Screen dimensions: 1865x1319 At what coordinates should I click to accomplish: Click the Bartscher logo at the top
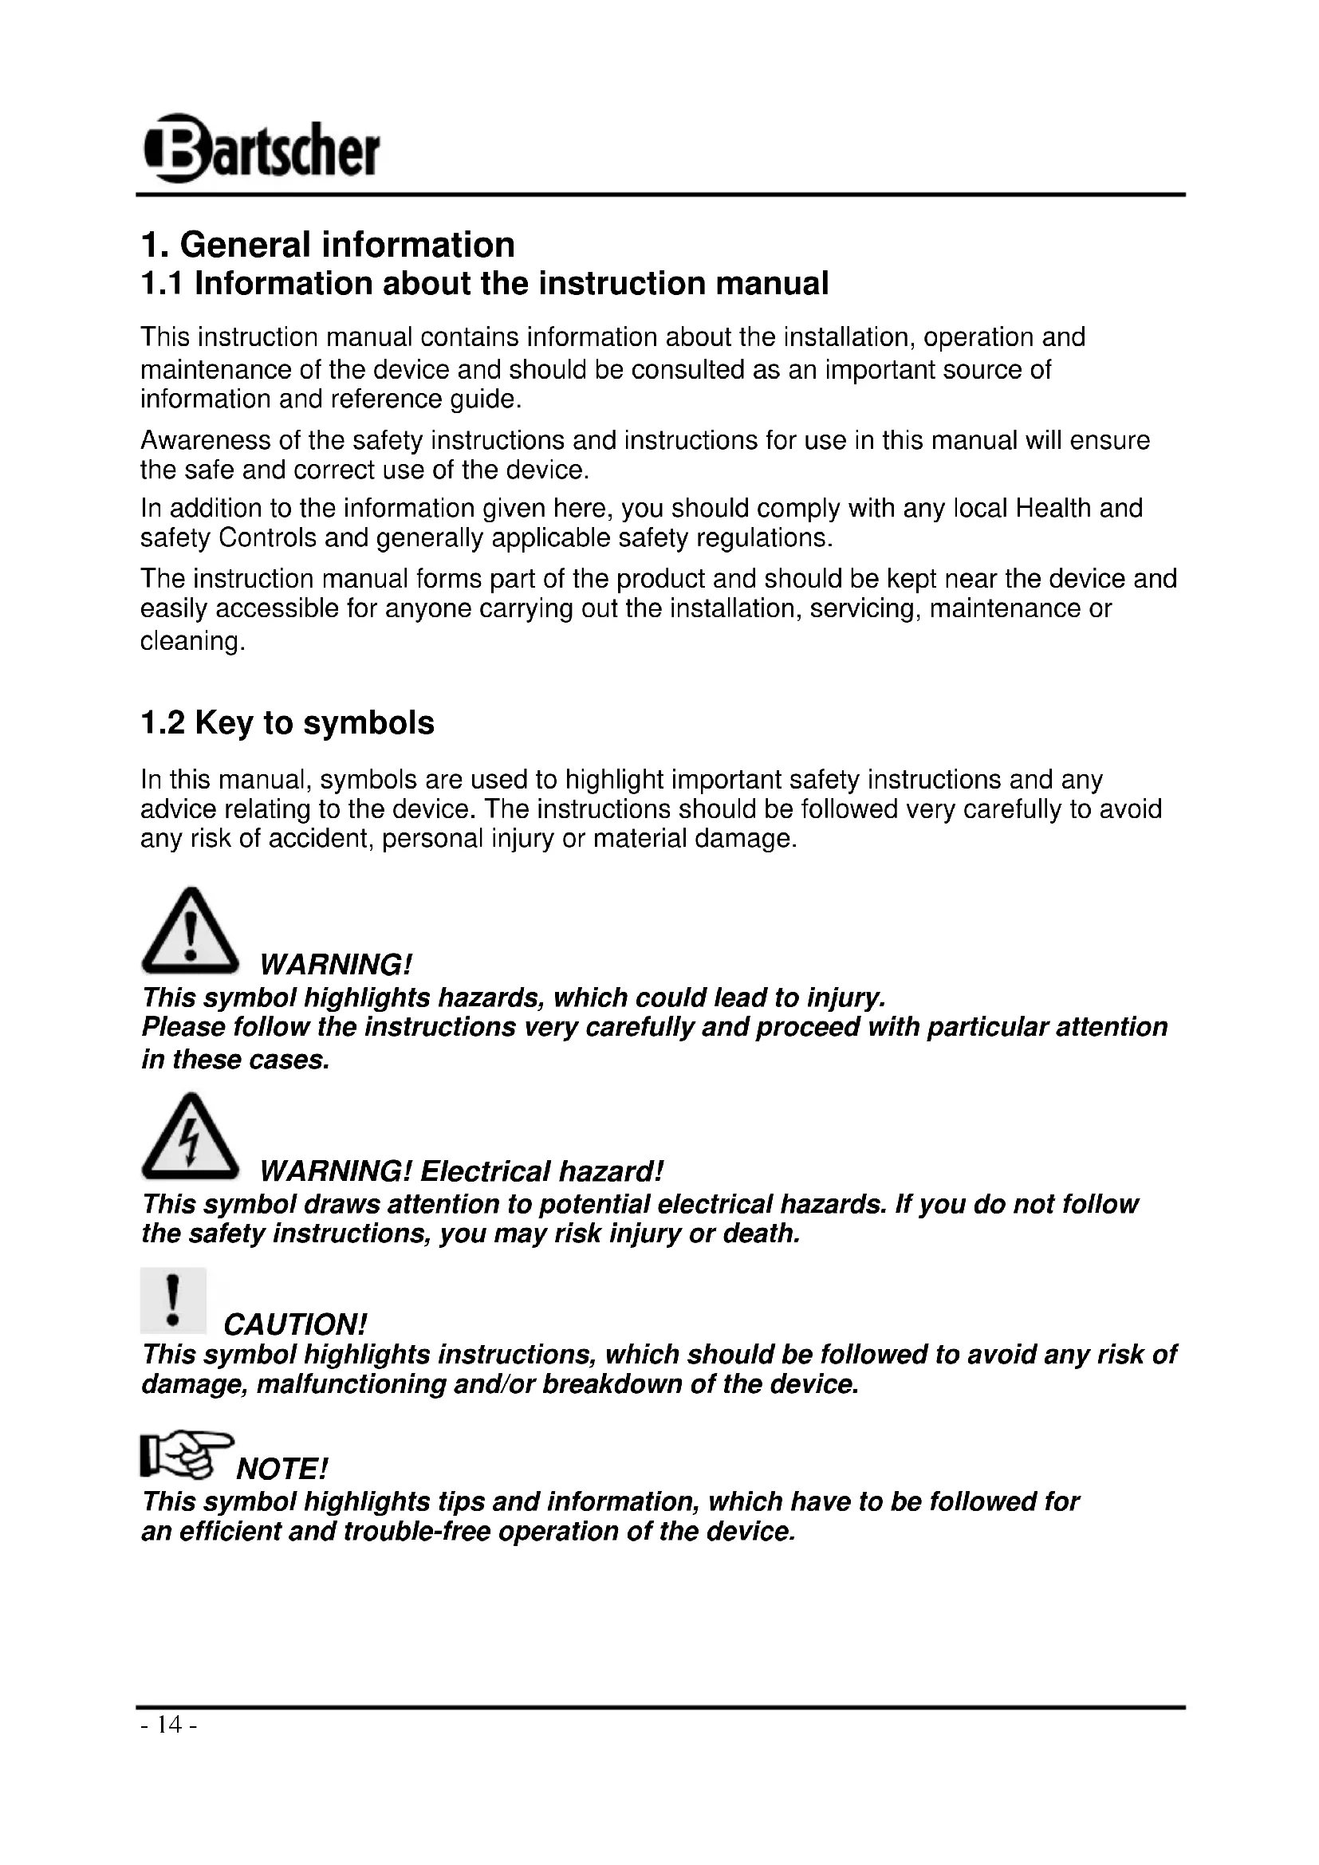[x=261, y=148]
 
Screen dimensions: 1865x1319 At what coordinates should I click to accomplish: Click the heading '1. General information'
[x=327, y=245]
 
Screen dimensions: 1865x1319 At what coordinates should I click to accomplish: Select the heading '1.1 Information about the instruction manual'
[x=484, y=284]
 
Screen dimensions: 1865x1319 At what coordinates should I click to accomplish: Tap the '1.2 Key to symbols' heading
[x=287, y=722]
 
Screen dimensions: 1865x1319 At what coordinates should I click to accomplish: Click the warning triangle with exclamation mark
[x=190, y=933]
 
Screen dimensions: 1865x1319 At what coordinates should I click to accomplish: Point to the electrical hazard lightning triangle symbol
[x=190, y=1139]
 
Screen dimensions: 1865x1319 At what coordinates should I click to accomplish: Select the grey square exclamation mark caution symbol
[x=173, y=1301]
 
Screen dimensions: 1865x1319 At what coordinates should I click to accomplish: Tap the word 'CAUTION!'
[x=295, y=1325]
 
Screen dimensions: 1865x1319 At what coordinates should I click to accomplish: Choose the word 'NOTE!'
[x=282, y=1470]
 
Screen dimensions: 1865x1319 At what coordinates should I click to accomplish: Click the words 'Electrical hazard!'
[x=541, y=1171]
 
